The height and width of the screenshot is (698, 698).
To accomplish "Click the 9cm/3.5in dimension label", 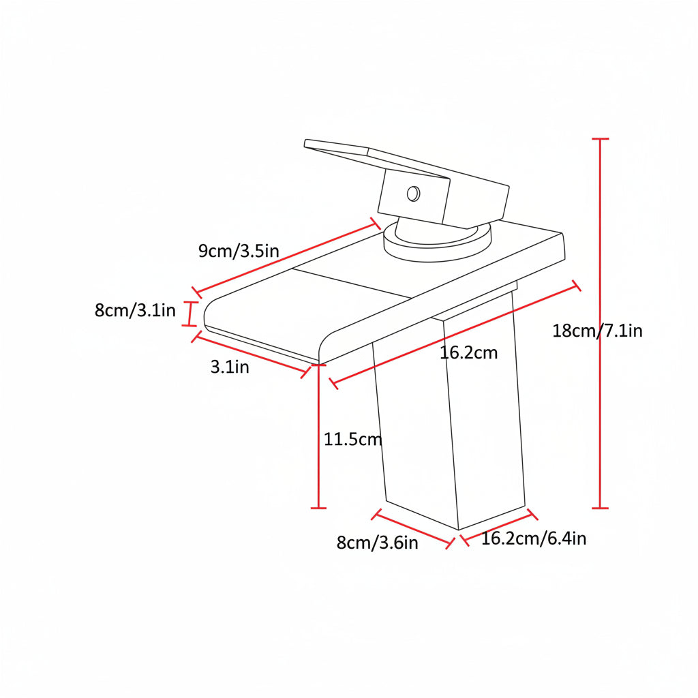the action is [x=239, y=251].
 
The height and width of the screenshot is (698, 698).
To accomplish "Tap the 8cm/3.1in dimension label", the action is [x=136, y=310].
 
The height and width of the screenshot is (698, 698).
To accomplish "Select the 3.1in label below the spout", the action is [x=230, y=367].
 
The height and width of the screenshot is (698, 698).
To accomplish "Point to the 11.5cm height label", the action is [x=352, y=440].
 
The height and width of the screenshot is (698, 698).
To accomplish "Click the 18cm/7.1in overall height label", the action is [x=597, y=331].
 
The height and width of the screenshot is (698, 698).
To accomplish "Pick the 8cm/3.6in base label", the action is [x=377, y=543].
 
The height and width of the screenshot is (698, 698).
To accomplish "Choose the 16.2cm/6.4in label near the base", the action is [x=534, y=538].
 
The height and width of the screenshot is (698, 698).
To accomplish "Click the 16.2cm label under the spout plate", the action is [x=468, y=353].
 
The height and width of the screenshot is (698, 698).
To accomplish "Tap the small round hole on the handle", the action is [x=414, y=194].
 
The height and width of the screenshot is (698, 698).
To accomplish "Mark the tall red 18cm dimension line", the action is [x=600, y=324].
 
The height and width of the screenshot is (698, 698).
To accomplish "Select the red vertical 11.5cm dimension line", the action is [x=318, y=436].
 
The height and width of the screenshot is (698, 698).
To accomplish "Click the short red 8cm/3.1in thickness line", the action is [x=191, y=314].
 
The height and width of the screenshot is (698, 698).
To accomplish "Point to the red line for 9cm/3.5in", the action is [x=286, y=258].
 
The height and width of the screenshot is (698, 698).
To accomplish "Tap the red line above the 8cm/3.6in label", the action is [x=412, y=529].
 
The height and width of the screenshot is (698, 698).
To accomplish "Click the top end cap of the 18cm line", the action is [x=600, y=139].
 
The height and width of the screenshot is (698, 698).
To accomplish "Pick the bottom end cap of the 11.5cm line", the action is [x=318, y=508].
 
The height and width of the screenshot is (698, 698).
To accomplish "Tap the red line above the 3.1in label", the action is [x=251, y=355].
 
